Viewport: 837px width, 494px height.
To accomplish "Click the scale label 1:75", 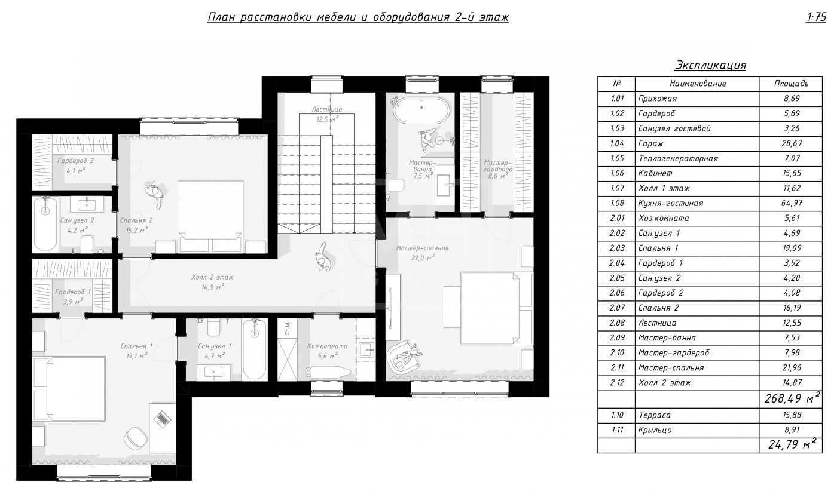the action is pos(815,17).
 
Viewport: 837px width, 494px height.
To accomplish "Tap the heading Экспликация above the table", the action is pos(710,65).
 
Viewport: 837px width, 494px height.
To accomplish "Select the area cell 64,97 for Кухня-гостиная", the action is pos(792,204).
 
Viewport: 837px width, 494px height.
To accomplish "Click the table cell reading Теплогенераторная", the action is pos(678,158).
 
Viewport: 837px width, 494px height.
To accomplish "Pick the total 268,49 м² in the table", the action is pos(793,398).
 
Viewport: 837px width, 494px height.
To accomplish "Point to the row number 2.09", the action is pos(617,338).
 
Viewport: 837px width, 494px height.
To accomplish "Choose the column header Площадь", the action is pos(791,84).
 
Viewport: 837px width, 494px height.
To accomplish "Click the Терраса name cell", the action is pos(655,415).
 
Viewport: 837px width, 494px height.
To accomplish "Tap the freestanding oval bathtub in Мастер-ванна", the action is pos(421,110).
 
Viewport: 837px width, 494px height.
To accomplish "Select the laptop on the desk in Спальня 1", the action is pos(163,418).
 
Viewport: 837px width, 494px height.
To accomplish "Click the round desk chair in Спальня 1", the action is pos(136,438).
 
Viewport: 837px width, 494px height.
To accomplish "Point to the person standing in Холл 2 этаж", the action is pos(322,257).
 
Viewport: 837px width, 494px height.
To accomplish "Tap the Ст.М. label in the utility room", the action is pos(288,327).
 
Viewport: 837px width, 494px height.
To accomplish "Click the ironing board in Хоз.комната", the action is pos(328,372).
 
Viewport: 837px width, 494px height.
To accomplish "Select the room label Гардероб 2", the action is pos(75,161).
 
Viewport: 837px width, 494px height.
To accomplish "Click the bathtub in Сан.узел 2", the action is pos(45,224).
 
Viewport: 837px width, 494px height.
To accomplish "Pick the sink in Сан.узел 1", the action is pos(214,373).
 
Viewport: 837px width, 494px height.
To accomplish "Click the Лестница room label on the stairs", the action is pos(327,109).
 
